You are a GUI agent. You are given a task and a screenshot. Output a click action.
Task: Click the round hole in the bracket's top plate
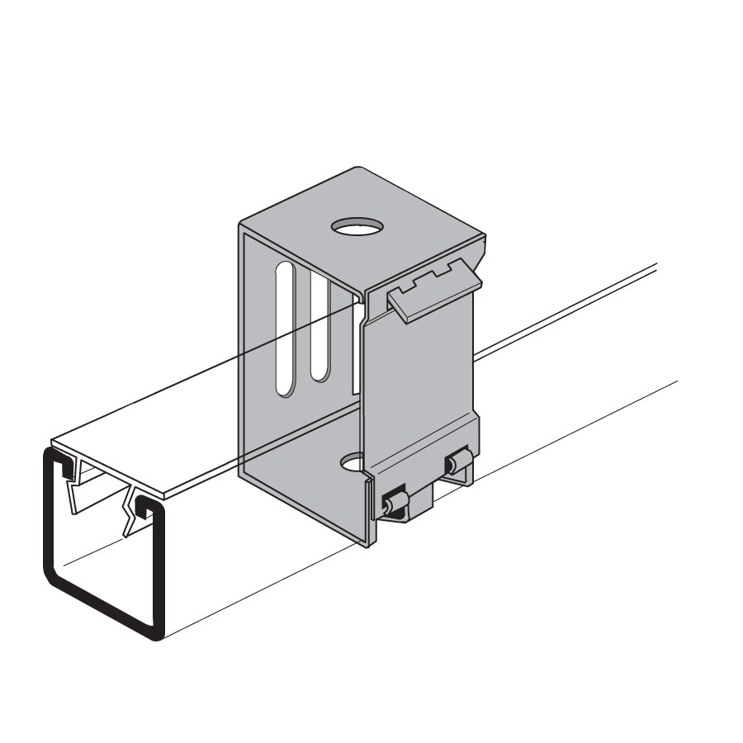click(x=358, y=225)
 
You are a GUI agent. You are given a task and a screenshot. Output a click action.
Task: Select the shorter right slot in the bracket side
click(x=319, y=325)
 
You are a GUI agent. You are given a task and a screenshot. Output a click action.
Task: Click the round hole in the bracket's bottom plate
click(x=353, y=462)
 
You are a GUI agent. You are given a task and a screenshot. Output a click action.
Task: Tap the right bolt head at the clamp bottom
click(x=458, y=464)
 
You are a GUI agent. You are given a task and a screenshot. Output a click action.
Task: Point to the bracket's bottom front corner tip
click(x=368, y=544)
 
